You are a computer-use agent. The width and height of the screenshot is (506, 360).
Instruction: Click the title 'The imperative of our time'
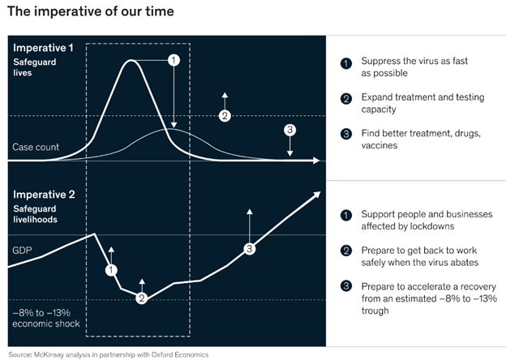pyautogui.click(x=91, y=11)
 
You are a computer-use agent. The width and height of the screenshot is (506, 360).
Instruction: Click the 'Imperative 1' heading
pyautogui.click(x=43, y=48)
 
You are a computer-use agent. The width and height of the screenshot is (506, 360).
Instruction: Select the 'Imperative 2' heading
pyautogui.click(x=45, y=195)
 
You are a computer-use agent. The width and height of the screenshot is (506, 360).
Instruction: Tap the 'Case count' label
pyautogui.click(x=36, y=147)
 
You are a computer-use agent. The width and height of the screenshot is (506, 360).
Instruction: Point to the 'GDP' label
pyautogui.click(x=22, y=251)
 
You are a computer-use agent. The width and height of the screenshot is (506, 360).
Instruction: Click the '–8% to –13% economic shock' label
pyautogui.click(x=46, y=318)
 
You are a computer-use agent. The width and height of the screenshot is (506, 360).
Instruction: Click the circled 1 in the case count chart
pyautogui.click(x=174, y=60)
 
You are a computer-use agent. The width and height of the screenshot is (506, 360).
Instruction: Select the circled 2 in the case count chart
pyautogui.click(x=225, y=116)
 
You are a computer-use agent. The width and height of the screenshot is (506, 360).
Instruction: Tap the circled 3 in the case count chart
pyautogui.click(x=289, y=130)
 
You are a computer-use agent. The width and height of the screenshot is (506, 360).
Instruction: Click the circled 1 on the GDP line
pyautogui.click(x=111, y=270)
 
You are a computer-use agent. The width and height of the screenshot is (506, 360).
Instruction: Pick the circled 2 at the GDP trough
pyautogui.click(x=142, y=298)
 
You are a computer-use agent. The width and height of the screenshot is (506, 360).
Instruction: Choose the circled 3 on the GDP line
pyautogui.click(x=250, y=249)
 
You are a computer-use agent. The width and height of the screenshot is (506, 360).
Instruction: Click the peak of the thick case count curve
pyautogui.click(x=131, y=60)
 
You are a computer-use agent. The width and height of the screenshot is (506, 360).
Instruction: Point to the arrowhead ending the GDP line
pyautogui.click(x=317, y=195)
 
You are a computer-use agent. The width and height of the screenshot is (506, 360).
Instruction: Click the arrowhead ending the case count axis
pyautogui.click(x=316, y=161)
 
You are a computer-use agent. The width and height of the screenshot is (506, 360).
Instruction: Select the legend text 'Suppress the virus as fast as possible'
pyautogui.click(x=414, y=67)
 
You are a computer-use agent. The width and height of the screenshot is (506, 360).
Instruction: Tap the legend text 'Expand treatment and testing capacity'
pyautogui.click(x=422, y=103)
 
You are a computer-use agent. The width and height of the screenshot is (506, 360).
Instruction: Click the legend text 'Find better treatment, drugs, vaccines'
pyautogui.click(x=421, y=139)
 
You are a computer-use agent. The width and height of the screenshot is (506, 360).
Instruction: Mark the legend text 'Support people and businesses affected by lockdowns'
pyautogui.click(x=427, y=221)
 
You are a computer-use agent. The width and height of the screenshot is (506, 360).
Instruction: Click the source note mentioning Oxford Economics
pyautogui.click(x=109, y=355)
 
